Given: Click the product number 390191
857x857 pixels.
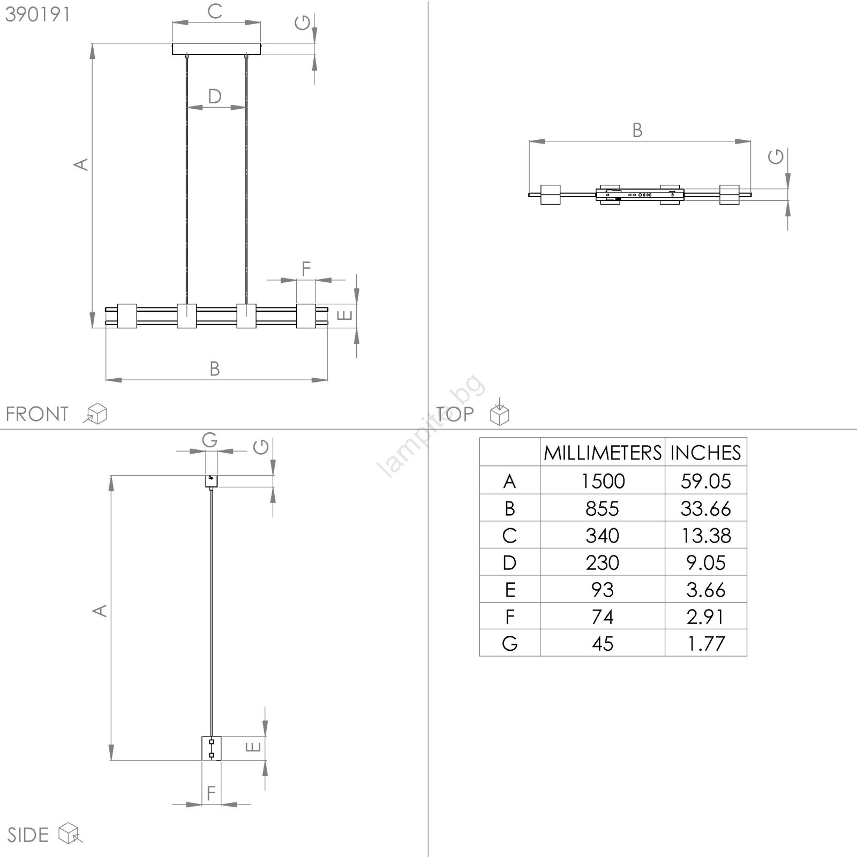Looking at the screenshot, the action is click(x=37, y=14).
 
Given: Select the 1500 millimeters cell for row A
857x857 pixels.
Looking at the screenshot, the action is click(x=603, y=481).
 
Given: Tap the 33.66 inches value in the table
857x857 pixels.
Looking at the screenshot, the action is click(x=705, y=508).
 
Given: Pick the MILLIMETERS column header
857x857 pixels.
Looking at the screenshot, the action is click(x=603, y=453).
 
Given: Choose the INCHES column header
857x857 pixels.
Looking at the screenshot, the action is click(x=705, y=453).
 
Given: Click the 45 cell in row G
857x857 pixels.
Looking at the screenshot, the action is click(x=603, y=643).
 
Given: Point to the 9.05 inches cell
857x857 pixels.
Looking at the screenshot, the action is click(x=705, y=562).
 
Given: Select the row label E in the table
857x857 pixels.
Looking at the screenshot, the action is click(x=510, y=590).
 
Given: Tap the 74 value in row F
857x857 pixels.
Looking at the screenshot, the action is click(x=603, y=617).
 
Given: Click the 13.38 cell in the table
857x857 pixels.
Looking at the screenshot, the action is click(x=705, y=535).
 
